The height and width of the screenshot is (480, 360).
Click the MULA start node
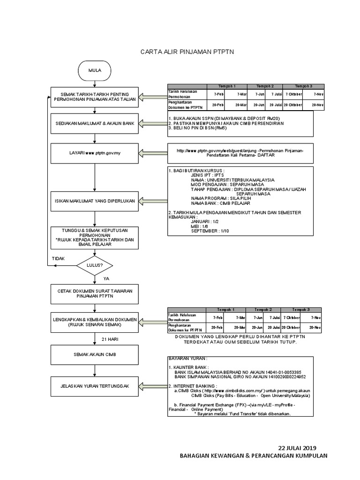(x=95, y=70)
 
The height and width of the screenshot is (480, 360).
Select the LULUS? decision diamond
(x=95, y=265)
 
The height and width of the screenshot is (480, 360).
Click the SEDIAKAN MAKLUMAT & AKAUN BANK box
(x=95, y=123)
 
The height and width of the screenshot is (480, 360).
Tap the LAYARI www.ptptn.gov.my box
(x=95, y=153)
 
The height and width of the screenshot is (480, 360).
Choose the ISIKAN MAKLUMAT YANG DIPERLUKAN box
(x=95, y=201)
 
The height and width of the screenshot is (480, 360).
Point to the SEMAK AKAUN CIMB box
(x=95, y=354)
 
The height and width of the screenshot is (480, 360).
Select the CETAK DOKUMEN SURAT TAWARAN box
(x=95, y=294)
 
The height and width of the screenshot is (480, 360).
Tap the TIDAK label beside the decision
(x=58, y=258)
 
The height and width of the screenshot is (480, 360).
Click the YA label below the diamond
(x=106, y=278)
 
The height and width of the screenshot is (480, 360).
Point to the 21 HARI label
(x=109, y=338)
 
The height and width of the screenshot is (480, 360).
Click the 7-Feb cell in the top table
(x=218, y=94)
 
